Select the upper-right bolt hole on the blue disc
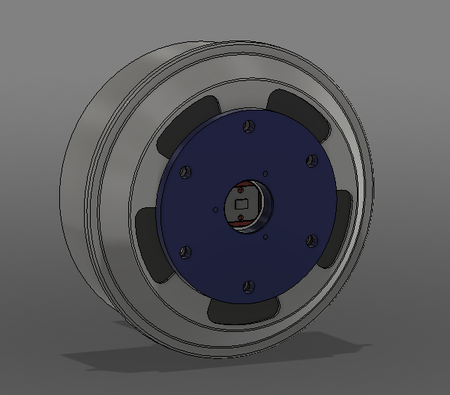point(310,159)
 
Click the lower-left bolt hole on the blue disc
point(186,251)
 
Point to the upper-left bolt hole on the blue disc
point(183,172)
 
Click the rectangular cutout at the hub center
point(242,204)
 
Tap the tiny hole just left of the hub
point(216,210)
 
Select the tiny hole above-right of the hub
point(265,171)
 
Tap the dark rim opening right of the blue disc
point(343,218)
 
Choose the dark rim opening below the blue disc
point(240,311)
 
